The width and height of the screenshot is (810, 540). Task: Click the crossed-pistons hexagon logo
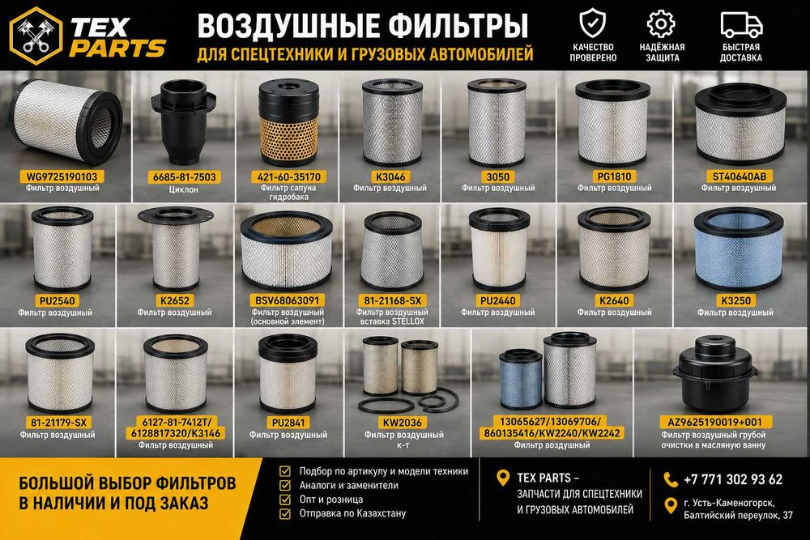click(x=36, y=35)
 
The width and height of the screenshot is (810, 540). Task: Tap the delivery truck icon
click(x=741, y=24)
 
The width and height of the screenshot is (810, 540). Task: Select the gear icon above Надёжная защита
click(x=661, y=23)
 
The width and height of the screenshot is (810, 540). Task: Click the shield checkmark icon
click(x=593, y=23)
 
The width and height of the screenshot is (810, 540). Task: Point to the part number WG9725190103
click(x=62, y=176)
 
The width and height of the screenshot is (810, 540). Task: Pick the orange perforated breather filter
click(x=288, y=121)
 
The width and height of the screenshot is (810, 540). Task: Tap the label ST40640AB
click(x=739, y=176)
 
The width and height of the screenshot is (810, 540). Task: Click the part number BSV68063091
click(x=288, y=300)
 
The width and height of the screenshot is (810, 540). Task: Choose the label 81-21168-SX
click(x=391, y=300)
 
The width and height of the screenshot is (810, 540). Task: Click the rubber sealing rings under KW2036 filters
click(x=408, y=401)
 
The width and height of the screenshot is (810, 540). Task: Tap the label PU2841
click(x=288, y=423)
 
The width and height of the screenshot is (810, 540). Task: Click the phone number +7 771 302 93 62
click(x=733, y=479)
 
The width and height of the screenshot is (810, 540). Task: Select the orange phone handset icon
click(x=671, y=479)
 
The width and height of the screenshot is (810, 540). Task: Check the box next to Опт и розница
click(x=284, y=500)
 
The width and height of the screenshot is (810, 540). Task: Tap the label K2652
click(x=175, y=300)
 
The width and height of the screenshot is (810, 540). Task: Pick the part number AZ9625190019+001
click(x=715, y=423)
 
